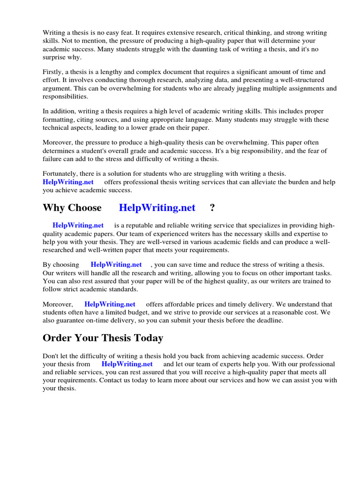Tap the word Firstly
[53, 72]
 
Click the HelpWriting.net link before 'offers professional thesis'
[68, 182]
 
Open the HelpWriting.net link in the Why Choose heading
[157, 208]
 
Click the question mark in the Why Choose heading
[212, 208]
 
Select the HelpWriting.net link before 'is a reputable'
[78, 225]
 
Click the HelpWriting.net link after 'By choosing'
[116, 265]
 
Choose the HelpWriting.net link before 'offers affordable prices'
[110, 304]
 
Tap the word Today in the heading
[145, 338]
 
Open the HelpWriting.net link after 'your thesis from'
[127, 364]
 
